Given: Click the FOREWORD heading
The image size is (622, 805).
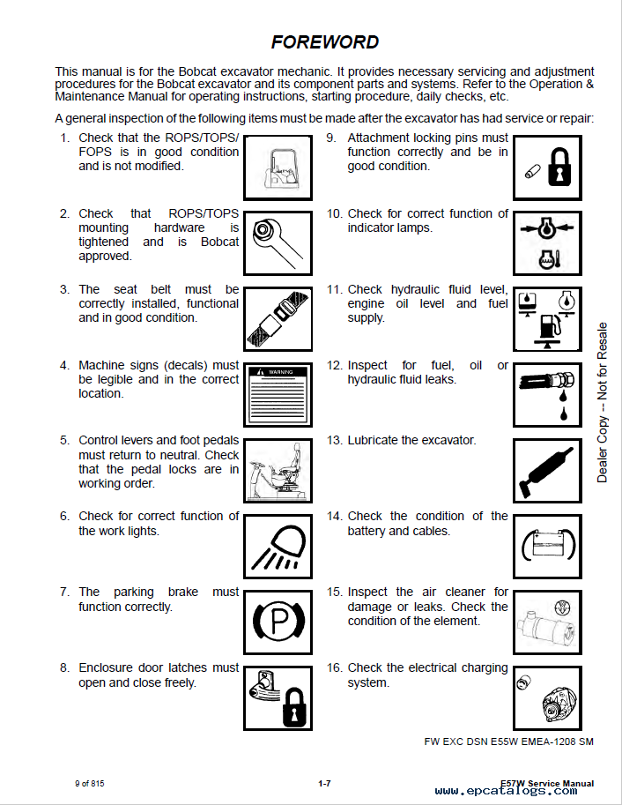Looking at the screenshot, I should [325, 41].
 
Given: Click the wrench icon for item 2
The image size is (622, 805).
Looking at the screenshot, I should [278, 243].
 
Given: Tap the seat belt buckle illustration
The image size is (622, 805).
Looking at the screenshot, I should [278, 319].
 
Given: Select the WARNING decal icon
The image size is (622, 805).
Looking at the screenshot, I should [278, 395].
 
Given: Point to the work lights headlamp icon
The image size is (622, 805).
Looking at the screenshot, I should [278, 547].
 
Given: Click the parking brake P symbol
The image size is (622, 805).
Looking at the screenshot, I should [278, 622].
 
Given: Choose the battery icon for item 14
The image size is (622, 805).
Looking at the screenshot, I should [547, 547].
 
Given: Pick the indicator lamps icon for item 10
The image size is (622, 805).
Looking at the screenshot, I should [547, 243].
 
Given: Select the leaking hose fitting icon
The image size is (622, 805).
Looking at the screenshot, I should [547, 395].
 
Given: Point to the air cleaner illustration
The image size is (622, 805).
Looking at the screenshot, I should [547, 622].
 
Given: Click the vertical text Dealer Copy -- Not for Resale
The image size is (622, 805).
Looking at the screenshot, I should [603, 402].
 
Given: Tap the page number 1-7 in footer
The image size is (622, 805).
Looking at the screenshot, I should [324, 784].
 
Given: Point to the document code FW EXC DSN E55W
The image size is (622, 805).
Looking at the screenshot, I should [508, 742].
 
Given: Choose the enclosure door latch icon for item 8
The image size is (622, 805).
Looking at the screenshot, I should [278, 697].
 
